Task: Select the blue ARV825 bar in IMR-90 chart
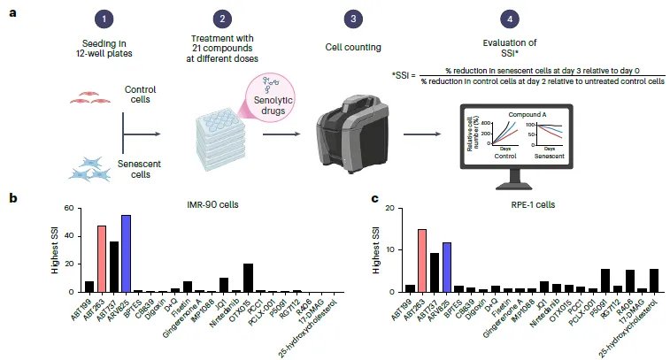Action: click(126, 253)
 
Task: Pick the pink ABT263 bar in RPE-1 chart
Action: click(422, 260)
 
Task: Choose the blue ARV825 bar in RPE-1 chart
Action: click(446, 267)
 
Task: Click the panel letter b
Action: click(12, 200)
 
